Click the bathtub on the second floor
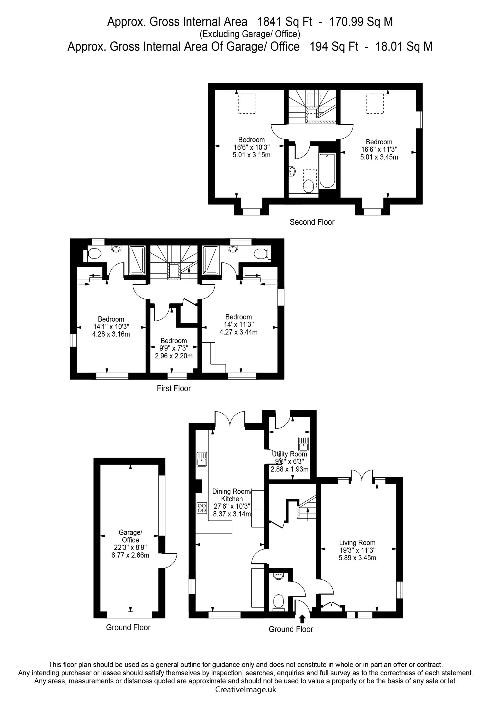point(327,171)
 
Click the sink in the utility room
point(303,444)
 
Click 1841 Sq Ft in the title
point(285,22)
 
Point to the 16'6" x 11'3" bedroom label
point(379,150)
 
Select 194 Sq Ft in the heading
point(334,46)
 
